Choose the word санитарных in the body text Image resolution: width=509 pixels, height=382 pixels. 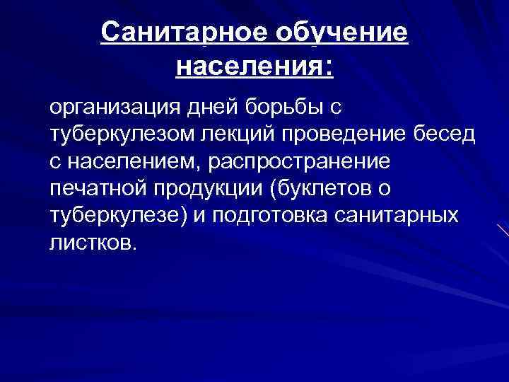(402, 216)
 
